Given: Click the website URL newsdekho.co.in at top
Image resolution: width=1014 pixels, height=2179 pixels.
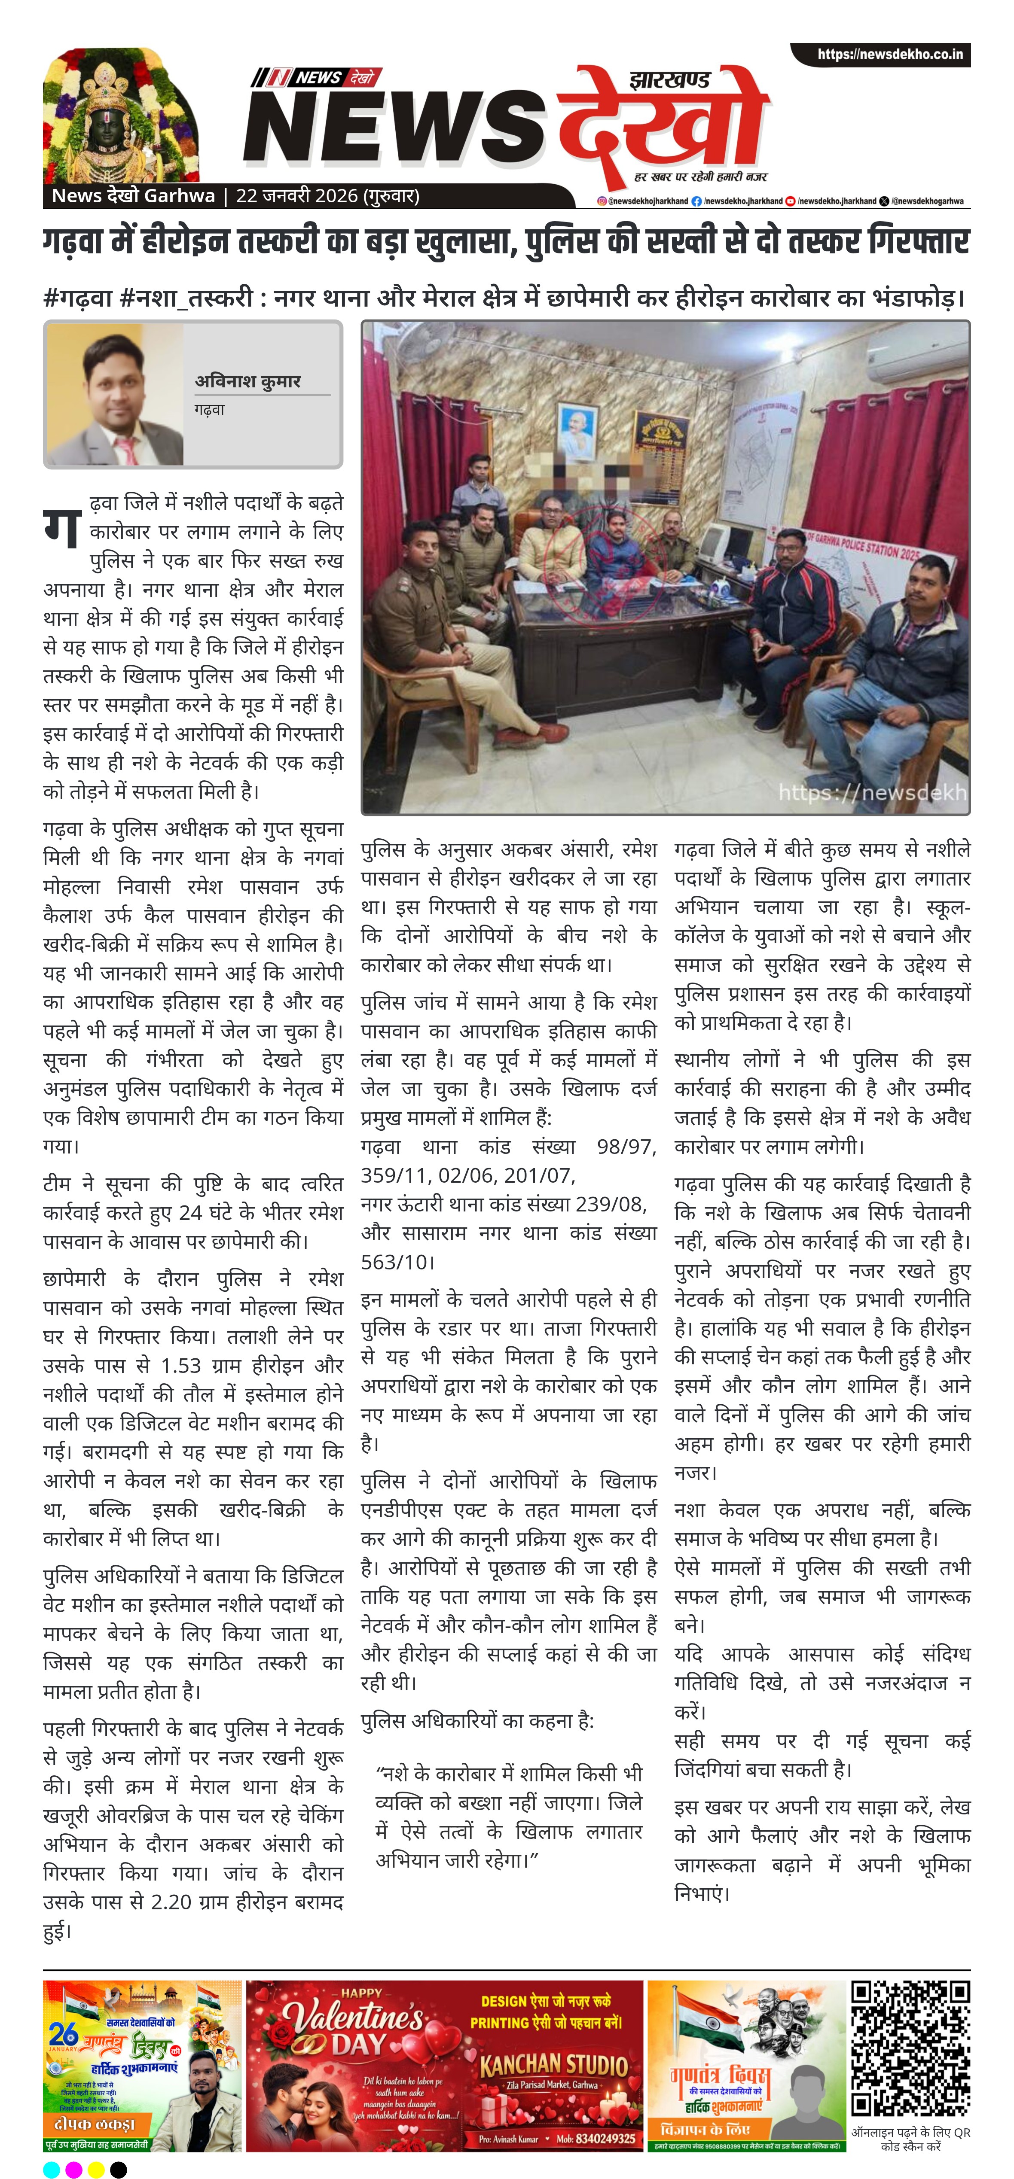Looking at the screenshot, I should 889,54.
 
